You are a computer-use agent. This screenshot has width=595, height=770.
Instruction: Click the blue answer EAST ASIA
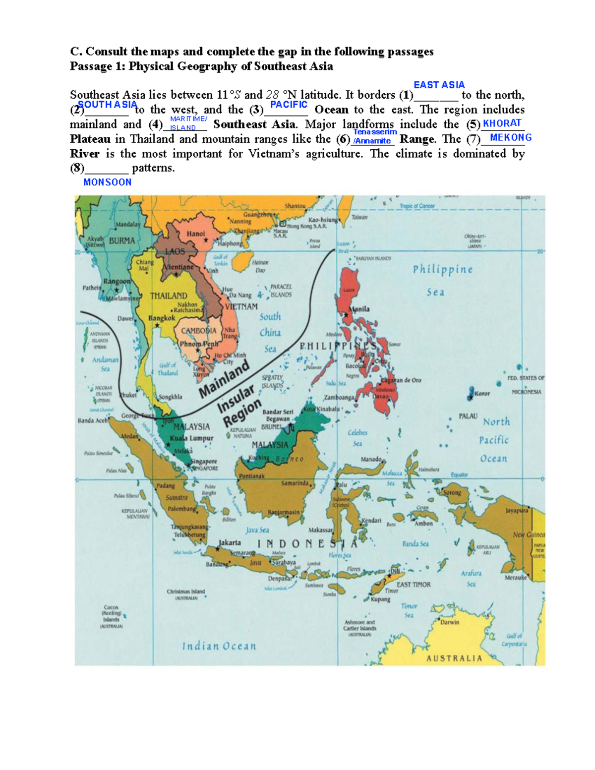[439, 85]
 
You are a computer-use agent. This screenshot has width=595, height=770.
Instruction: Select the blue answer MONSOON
[107, 182]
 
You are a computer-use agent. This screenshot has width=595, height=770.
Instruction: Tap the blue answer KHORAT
[502, 123]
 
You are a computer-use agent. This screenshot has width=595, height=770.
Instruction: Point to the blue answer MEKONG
[511, 137]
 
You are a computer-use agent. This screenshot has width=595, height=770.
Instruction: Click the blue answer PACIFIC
[289, 105]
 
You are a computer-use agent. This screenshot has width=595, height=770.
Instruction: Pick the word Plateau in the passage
[90, 139]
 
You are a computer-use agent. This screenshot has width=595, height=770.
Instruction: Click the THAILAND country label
[169, 296]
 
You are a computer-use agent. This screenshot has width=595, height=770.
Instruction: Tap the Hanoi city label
[195, 234]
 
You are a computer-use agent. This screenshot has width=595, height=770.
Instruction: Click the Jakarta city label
[230, 542]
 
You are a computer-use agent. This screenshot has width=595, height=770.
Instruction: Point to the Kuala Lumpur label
[191, 438]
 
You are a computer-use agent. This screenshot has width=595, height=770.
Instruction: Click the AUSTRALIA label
[454, 658]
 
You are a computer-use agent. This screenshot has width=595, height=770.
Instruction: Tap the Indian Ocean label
[219, 646]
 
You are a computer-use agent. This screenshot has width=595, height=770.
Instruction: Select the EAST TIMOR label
[414, 585]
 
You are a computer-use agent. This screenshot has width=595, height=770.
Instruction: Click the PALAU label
[468, 416]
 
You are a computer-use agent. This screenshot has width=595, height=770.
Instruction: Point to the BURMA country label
[121, 241]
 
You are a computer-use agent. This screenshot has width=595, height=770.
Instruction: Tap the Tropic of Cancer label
[417, 206]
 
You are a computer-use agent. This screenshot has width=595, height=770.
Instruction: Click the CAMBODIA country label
[198, 331]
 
